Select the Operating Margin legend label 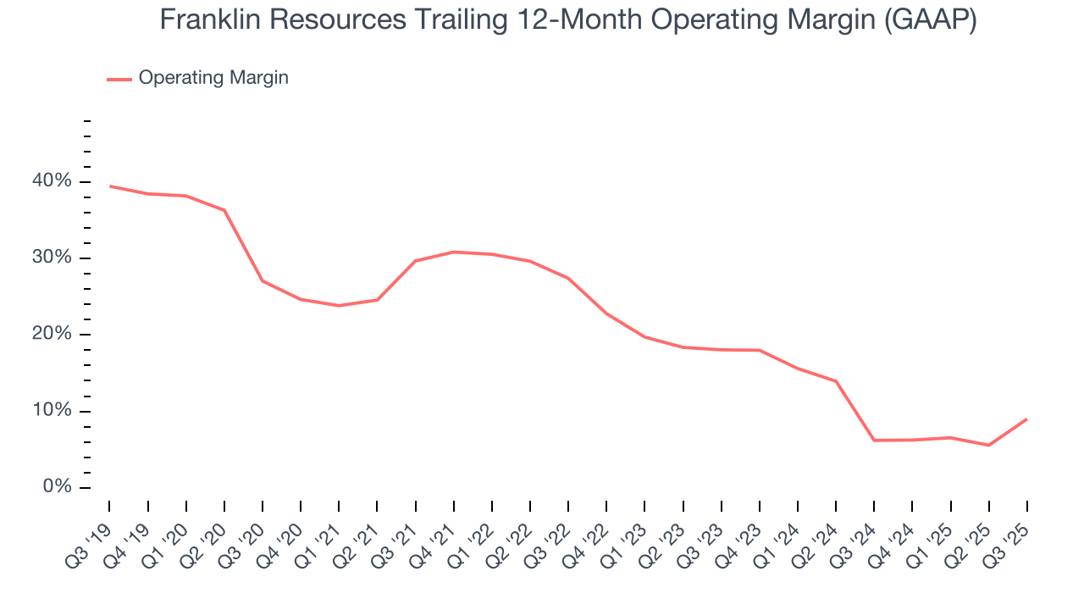tap(213, 78)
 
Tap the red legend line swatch tap(119, 79)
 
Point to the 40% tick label tap(53, 181)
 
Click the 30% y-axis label tap(53, 258)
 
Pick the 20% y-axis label tap(53, 334)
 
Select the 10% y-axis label tap(53, 411)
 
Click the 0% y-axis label tap(57, 487)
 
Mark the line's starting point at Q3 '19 tap(110, 186)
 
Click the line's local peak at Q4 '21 tap(454, 252)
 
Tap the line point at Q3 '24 tap(874, 441)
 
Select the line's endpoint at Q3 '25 tap(1026, 419)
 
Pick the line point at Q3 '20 tap(263, 281)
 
